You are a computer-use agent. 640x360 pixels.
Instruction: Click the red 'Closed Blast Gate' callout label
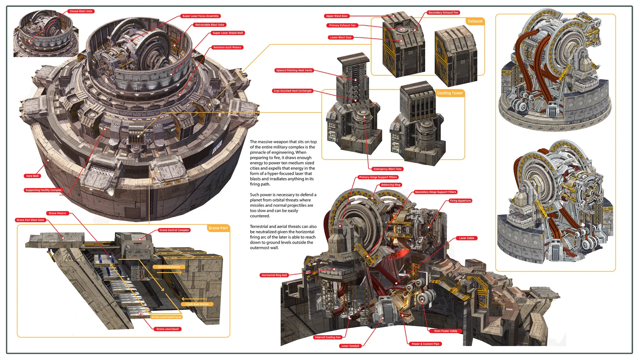click(81, 11)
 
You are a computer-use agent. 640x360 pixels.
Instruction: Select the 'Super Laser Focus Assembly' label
click(200, 16)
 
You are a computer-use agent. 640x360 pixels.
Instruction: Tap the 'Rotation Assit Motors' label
click(227, 47)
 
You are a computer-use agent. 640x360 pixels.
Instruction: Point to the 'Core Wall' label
click(32, 176)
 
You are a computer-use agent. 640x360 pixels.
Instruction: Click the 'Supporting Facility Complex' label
click(44, 190)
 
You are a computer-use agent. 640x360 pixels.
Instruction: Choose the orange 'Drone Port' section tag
click(218, 228)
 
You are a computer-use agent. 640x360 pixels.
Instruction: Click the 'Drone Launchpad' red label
click(168, 329)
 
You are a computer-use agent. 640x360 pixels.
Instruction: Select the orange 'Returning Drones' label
click(169, 267)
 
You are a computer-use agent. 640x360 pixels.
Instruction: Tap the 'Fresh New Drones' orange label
click(197, 304)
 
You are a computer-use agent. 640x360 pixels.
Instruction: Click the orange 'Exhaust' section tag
click(475, 21)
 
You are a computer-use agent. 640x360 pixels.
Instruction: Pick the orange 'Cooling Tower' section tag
click(450, 93)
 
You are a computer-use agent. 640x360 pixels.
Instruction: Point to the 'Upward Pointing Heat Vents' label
click(294, 70)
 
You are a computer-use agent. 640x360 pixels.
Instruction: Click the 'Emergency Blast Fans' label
click(387, 169)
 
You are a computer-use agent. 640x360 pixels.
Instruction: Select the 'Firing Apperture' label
click(460, 201)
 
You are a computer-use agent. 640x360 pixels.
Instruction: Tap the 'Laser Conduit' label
click(350, 346)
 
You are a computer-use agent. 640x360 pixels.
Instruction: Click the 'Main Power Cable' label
click(446, 331)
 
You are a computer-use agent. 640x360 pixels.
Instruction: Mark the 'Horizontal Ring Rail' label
click(274, 275)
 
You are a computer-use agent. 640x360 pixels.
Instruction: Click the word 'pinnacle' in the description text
click(258, 152)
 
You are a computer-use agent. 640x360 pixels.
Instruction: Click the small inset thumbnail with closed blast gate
click(46, 34)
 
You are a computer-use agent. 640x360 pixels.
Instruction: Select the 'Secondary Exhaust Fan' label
click(443, 12)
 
